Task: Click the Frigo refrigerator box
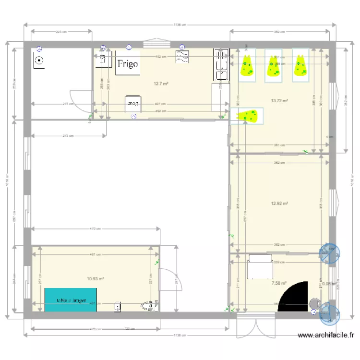[128, 63]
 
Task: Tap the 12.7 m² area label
[160, 84]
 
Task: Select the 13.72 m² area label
[279, 101]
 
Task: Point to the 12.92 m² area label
[279, 204]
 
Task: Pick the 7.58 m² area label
[279, 283]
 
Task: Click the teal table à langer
[71, 300]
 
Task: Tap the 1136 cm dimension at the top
[180, 25]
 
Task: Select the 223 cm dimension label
[61, 32]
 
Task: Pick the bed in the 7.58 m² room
[259, 267]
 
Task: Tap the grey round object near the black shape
[314, 303]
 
